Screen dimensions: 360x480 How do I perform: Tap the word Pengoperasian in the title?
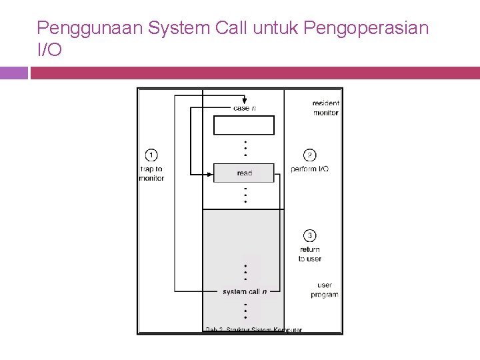point(366,29)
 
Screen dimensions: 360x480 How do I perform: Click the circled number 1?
point(151,155)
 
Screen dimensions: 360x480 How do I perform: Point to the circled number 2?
point(310,155)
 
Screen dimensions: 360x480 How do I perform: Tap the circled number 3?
point(310,235)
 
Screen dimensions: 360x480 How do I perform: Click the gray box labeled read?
point(244,173)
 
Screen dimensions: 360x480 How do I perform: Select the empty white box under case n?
point(244,125)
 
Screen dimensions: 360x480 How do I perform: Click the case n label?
point(244,108)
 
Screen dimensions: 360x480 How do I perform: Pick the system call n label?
point(245,291)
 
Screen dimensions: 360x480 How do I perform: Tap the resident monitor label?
point(326,108)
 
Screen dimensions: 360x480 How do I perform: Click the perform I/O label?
point(310,169)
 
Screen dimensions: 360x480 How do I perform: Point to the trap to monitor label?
point(151,174)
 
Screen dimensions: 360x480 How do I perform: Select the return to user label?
point(310,254)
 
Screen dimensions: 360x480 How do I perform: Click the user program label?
point(325,290)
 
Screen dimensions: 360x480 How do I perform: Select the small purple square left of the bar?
point(13,73)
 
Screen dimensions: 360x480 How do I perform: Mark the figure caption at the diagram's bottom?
point(253,329)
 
